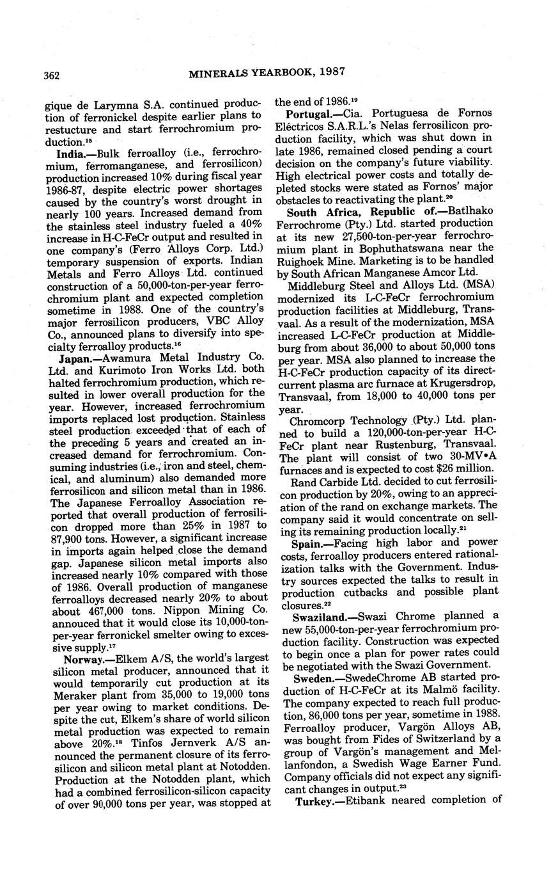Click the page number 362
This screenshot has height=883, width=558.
52,75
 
